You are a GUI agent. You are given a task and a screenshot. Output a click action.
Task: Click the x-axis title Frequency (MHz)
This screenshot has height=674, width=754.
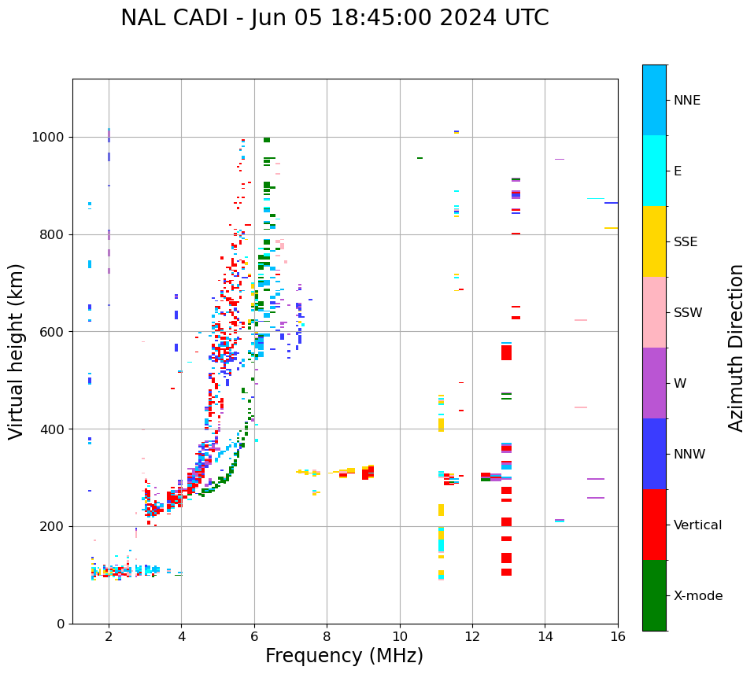[344, 656]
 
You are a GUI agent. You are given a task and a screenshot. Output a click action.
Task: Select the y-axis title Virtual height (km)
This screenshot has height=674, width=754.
[17, 351]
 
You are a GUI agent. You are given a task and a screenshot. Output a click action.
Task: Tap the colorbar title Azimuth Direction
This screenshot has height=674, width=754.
[736, 348]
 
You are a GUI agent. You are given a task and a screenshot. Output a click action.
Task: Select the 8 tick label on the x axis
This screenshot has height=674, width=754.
[327, 637]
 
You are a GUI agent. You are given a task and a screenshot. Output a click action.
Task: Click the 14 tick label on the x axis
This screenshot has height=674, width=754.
[545, 637]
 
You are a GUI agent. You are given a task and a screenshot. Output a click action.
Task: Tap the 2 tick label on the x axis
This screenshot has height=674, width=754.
[109, 637]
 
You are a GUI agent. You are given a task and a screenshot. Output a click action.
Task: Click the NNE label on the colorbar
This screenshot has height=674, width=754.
[686, 101]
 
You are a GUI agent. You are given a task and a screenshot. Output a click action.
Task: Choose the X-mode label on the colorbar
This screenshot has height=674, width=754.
[697, 596]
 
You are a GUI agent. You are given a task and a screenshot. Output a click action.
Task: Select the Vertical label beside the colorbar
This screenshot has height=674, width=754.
[697, 525]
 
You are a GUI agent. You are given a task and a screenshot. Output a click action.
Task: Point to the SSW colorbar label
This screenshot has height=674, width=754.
[688, 313]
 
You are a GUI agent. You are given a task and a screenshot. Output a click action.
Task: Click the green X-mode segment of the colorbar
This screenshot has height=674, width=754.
[654, 595]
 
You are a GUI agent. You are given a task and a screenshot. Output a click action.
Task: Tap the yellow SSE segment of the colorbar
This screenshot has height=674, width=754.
[654, 241]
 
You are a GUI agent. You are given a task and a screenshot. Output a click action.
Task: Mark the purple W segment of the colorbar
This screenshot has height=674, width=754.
[654, 383]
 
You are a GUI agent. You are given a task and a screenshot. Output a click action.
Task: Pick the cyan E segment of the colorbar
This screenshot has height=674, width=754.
[654, 171]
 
